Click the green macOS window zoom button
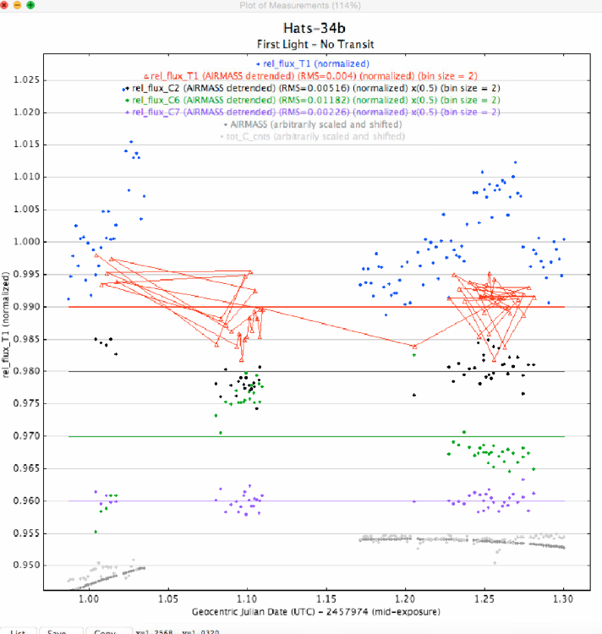click(x=30, y=6)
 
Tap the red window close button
click(x=5, y=6)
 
